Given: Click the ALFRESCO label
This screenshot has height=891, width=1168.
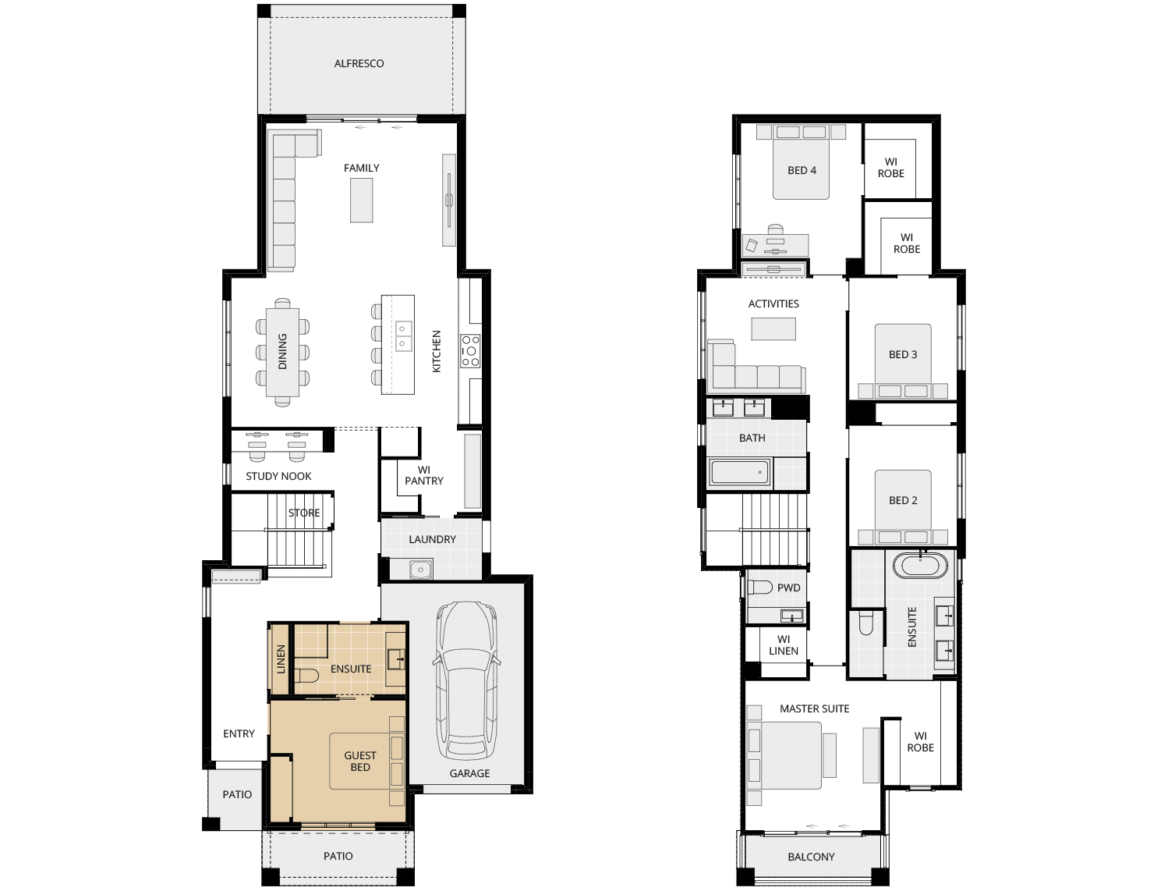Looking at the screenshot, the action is point(359,63).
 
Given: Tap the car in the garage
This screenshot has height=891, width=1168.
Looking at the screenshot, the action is point(466,681).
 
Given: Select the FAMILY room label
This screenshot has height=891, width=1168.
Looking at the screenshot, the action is point(361,169).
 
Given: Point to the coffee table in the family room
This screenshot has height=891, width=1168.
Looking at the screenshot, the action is point(361,201).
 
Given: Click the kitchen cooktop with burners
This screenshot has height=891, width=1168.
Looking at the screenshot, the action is point(470,351).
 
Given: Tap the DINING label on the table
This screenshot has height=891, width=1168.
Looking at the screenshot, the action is point(282,351).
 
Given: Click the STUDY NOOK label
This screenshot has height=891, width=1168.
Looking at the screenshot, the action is point(278,477).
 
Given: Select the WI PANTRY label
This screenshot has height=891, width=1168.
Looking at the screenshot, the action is point(423,475).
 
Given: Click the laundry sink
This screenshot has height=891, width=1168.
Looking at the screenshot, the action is point(420,570).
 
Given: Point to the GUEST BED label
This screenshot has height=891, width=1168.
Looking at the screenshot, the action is point(360,761).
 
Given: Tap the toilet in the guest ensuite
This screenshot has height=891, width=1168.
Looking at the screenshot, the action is point(306,676).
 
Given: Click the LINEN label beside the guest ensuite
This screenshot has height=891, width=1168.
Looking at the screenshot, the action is point(281,659).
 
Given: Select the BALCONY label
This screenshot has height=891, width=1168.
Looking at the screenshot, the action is point(811,857).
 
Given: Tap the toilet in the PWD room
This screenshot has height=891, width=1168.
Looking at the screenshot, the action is point(759,587).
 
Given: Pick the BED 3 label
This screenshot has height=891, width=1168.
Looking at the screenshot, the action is point(903,354).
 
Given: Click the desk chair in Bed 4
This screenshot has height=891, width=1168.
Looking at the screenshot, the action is point(776,230).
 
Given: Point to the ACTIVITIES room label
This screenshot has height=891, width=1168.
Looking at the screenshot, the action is point(773,304).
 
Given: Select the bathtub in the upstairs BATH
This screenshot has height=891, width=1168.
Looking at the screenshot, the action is point(740,473).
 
